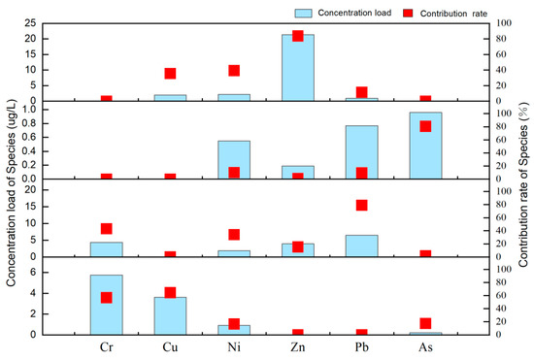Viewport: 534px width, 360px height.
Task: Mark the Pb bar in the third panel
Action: [x=361, y=245]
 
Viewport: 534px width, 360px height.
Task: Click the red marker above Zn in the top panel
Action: [x=298, y=36]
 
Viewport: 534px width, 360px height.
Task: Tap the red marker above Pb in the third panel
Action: [x=361, y=205]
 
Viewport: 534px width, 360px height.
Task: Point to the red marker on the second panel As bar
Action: [x=425, y=126]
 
